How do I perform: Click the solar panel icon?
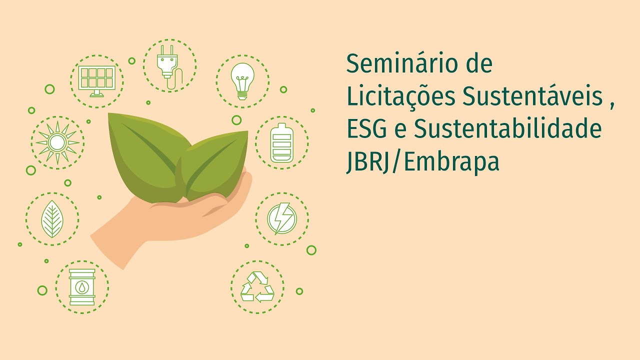96,81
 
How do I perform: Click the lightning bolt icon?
281,219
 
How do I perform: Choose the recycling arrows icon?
257,287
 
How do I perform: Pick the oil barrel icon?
82,287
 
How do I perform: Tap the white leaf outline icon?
52,219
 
